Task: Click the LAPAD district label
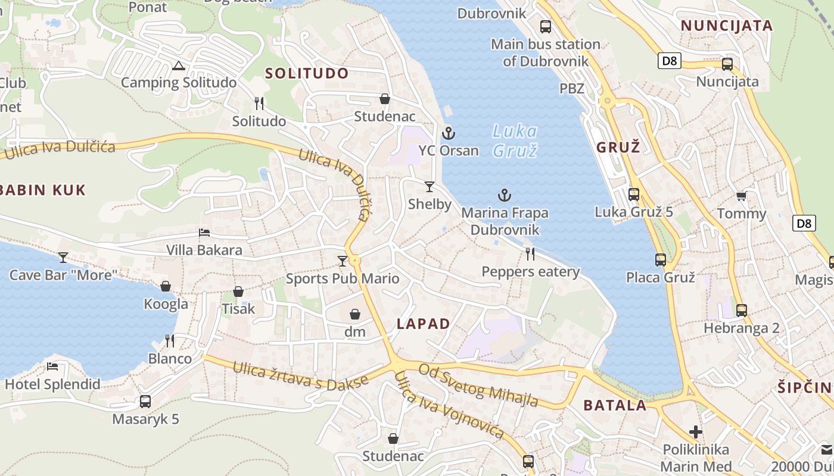(x=423, y=324)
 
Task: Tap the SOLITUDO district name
(x=307, y=73)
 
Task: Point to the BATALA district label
(x=615, y=406)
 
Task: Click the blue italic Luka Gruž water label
(x=515, y=141)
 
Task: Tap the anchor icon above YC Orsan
(x=449, y=133)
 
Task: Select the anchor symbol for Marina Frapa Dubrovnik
(x=505, y=195)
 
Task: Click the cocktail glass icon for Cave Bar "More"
(x=63, y=258)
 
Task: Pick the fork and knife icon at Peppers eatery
(x=530, y=254)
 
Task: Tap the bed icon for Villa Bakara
(x=204, y=233)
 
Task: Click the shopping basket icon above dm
(x=355, y=314)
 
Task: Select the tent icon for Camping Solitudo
(x=178, y=65)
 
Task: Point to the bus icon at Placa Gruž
(x=661, y=260)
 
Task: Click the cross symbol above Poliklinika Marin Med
(x=695, y=432)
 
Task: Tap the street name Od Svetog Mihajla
(x=478, y=386)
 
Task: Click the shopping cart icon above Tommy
(x=741, y=196)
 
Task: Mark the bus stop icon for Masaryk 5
(x=145, y=402)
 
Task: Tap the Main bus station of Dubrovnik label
(x=545, y=52)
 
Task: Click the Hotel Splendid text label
(x=52, y=384)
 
